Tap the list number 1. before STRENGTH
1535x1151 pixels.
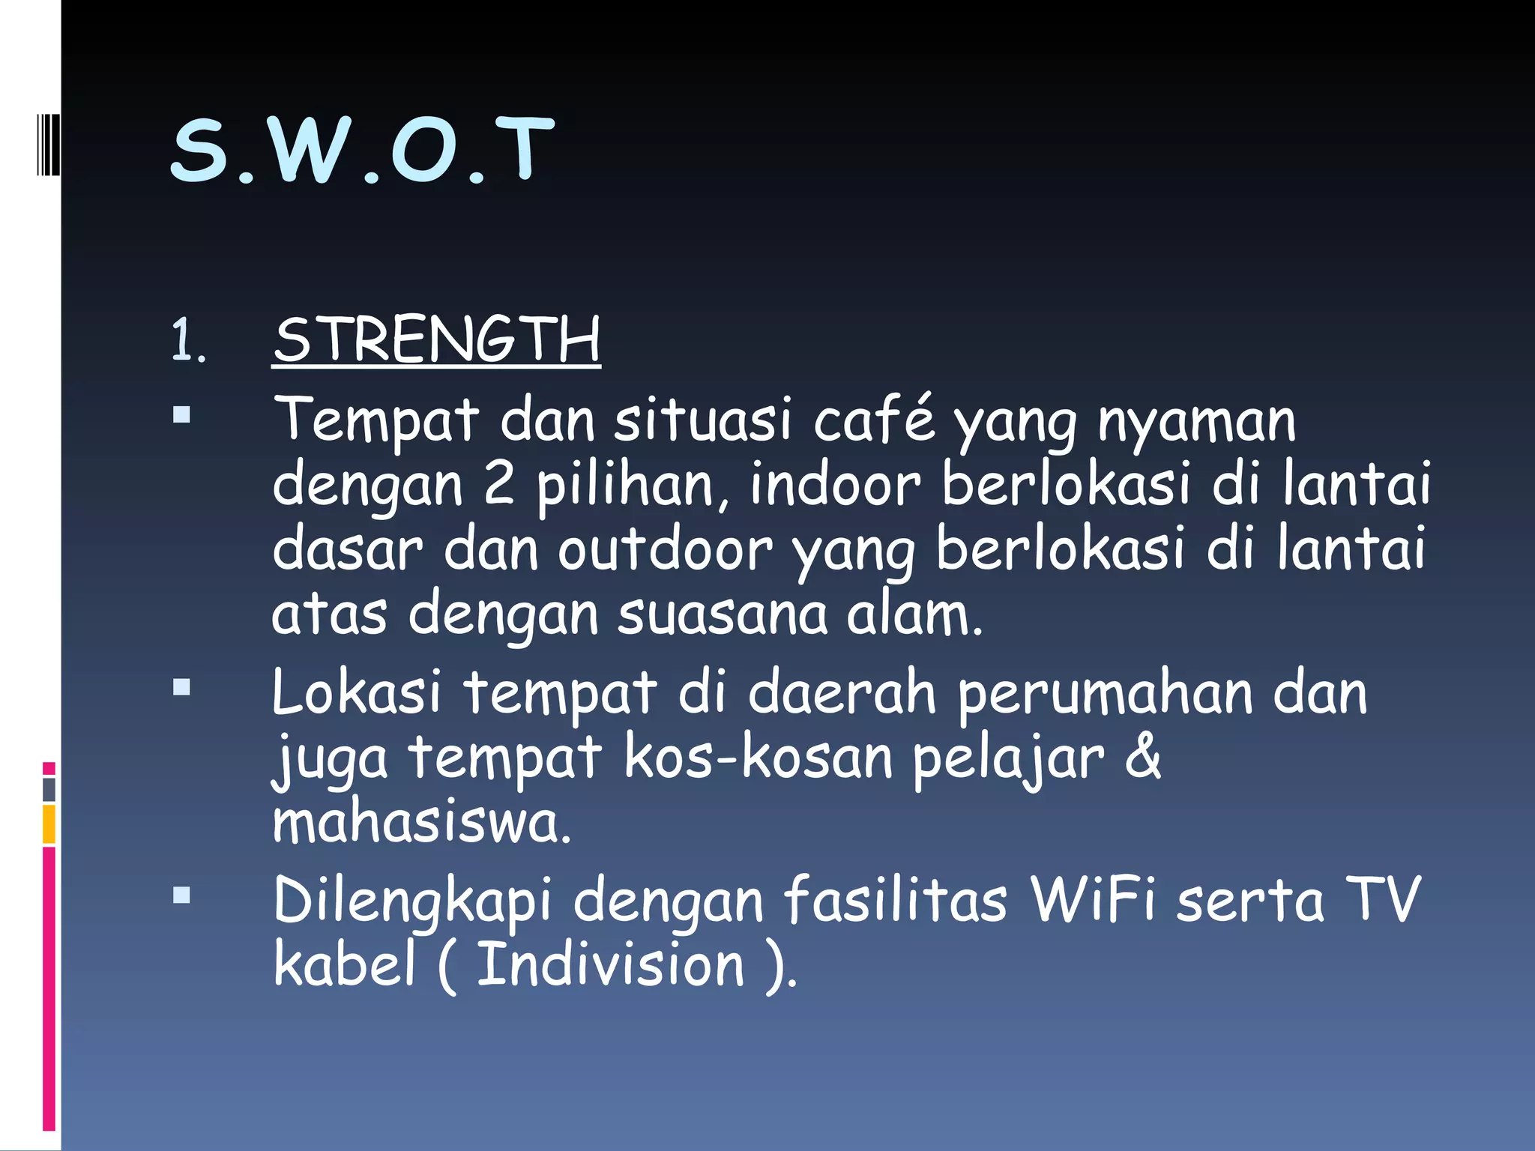[187, 341]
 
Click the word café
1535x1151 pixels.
[874, 419]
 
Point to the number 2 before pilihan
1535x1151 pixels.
[499, 483]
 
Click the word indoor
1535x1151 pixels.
[834, 483]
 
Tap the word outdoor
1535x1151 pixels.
[665, 549]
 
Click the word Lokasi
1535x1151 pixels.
[357, 692]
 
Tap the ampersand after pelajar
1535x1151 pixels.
[1143, 756]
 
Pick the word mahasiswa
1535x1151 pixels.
[422, 823]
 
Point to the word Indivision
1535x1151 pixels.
[611, 964]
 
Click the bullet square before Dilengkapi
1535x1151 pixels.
[181, 895]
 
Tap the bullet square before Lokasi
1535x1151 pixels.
[181, 687]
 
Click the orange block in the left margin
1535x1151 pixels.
[49, 824]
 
